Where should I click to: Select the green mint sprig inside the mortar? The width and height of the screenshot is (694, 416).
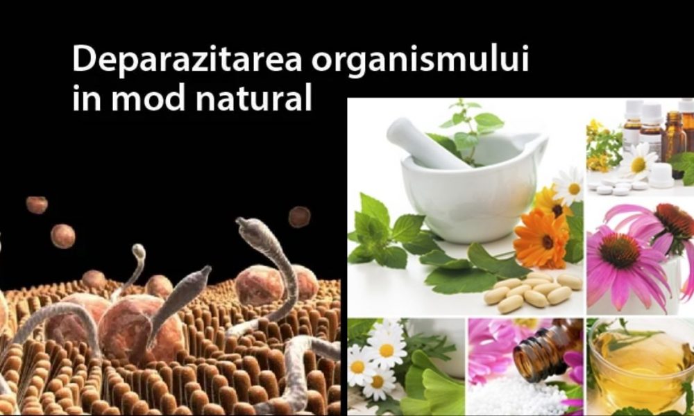tap(472, 125)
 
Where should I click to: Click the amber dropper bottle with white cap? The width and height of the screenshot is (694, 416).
tap(673, 135)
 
